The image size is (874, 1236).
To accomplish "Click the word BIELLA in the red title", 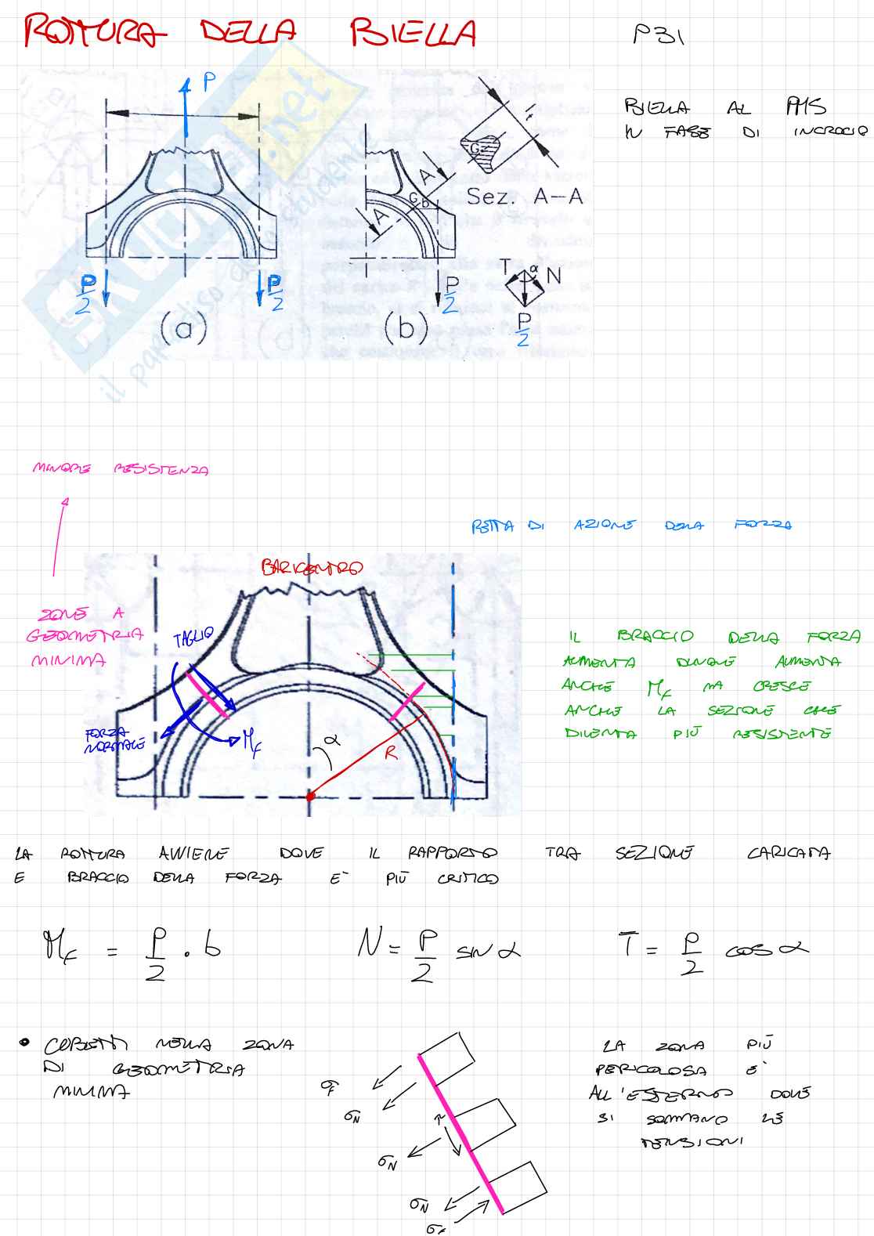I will point(413,33).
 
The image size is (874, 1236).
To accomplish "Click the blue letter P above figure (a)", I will point(209,82).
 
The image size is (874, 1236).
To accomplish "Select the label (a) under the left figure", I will point(184,328).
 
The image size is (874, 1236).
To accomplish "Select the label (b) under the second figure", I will point(406,327).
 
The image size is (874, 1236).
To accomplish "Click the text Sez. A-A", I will point(525,197).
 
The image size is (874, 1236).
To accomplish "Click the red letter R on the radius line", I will point(391,753).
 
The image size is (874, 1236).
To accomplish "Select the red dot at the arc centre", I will point(310,796).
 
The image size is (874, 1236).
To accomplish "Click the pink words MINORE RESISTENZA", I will point(121,469).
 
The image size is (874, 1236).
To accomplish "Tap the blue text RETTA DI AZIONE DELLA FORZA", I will point(630,526).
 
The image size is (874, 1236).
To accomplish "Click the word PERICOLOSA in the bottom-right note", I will point(651,1069).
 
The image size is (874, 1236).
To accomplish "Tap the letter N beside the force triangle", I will point(554,276).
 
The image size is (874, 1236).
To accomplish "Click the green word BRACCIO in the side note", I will point(655,637).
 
